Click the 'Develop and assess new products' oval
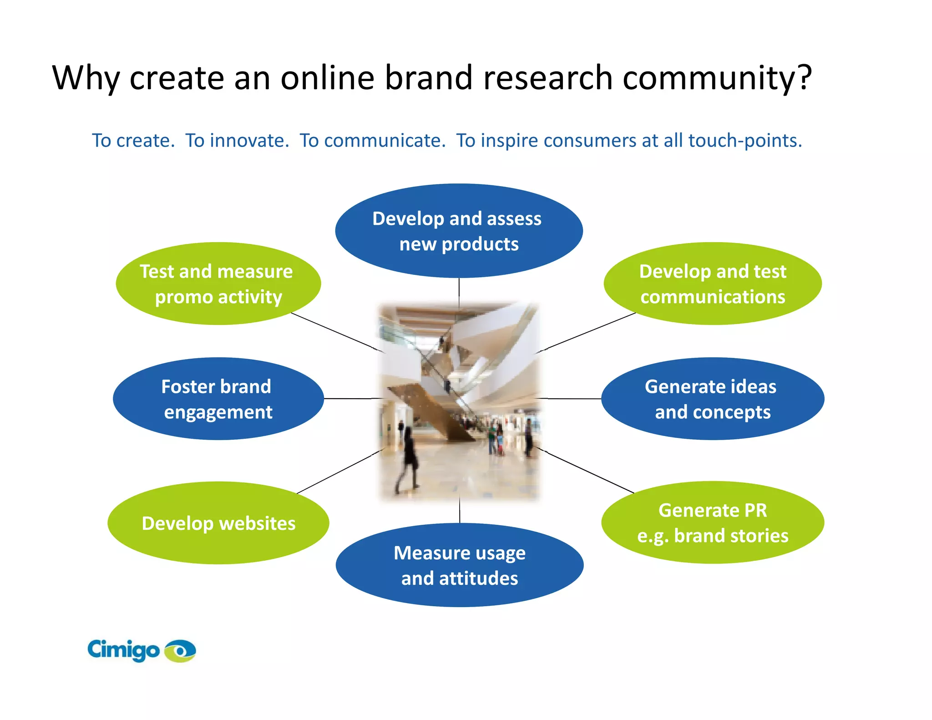coord(459,231)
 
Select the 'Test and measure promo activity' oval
coord(218,284)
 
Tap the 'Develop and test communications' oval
coord(712,284)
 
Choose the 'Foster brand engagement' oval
coord(218,399)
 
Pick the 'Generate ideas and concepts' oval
coord(712,399)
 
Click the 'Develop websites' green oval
coord(218,523)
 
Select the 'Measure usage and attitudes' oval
coord(459,565)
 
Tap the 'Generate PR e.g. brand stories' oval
coord(712,522)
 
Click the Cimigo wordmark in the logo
coord(123,650)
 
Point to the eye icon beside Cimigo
coord(180,651)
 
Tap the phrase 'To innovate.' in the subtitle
coord(237,141)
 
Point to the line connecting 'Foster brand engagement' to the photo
coord(353,399)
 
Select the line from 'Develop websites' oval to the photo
coord(339,472)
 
